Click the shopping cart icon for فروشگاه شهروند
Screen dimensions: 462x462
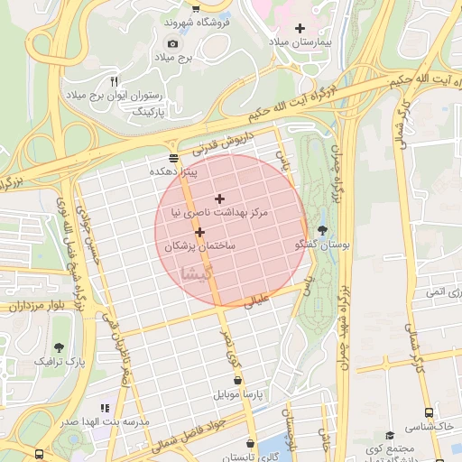tap(196, 8)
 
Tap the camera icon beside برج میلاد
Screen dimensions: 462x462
tap(173, 43)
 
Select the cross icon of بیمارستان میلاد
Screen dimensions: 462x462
tap(300, 28)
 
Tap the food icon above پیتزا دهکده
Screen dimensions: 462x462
tap(173, 157)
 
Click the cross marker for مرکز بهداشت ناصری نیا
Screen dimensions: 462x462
tap(219, 199)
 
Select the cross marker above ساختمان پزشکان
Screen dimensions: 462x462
tap(199, 232)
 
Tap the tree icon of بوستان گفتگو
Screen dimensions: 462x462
tap(323, 230)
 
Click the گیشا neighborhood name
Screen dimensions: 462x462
tap(199, 272)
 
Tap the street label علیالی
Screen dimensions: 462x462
tap(258, 301)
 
